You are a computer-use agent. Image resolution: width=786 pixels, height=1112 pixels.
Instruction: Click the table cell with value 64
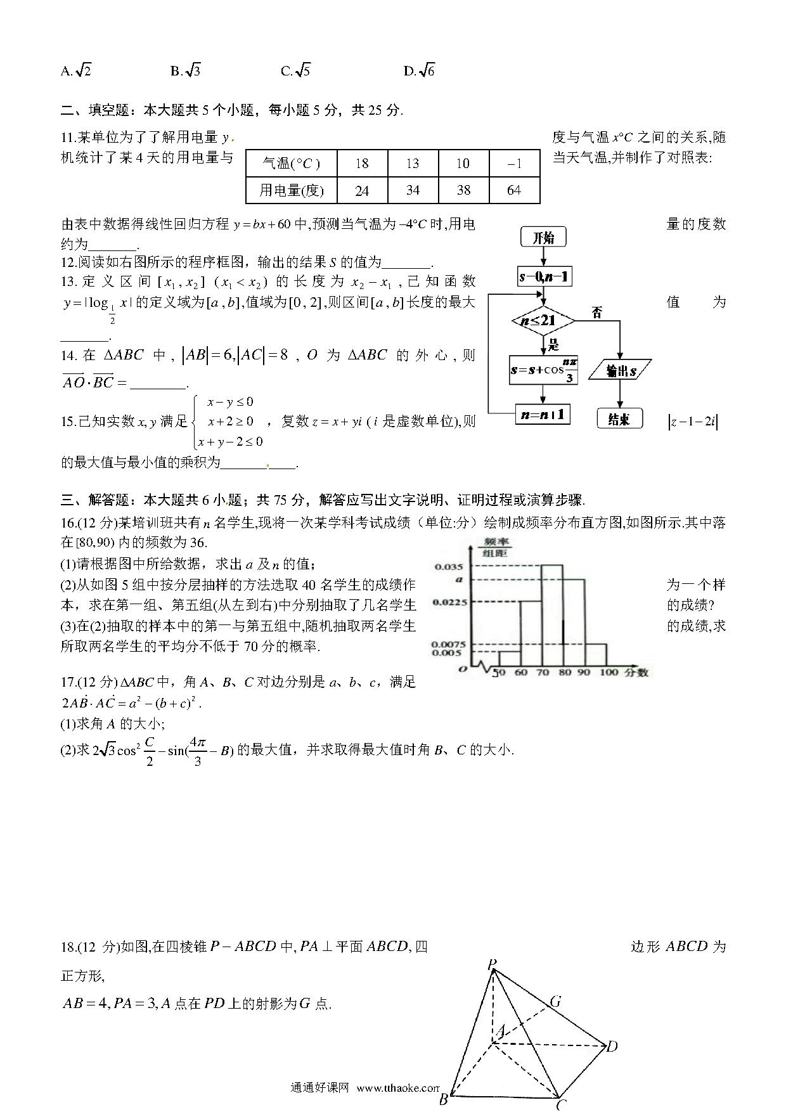pyautogui.click(x=514, y=190)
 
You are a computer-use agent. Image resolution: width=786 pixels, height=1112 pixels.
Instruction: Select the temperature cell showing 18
pyautogui.click(x=362, y=164)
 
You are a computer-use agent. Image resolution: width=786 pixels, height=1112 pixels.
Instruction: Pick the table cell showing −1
pyautogui.click(x=514, y=164)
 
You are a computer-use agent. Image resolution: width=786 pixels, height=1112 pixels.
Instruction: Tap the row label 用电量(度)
pyautogui.click(x=291, y=190)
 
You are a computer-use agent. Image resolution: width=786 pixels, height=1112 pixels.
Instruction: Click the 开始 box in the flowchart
pyautogui.click(x=543, y=238)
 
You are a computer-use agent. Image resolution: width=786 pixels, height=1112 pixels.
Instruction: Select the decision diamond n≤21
pyautogui.click(x=543, y=321)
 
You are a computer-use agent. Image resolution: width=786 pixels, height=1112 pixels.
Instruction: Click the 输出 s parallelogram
pyautogui.click(x=620, y=370)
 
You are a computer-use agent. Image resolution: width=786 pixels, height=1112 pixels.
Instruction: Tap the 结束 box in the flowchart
pyautogui.click(x=619, y=419)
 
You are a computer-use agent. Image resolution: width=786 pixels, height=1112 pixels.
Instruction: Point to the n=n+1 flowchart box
pyautogui.click(x=543, y=415)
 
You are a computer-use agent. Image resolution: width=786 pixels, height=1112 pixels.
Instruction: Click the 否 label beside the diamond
pyautogui.click(x=596, y=312)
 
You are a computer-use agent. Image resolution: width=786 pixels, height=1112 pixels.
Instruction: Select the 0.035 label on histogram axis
pyautogui.click(x=449, y=566)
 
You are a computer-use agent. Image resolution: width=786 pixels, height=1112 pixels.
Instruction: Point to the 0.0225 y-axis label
pyautogui.click(x=449, y=602)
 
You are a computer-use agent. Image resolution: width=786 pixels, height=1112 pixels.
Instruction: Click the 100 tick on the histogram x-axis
pyautogui.click(x=608, y=673)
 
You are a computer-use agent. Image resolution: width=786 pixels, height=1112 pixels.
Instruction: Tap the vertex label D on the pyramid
pyautogui.click(x=612, y=1047)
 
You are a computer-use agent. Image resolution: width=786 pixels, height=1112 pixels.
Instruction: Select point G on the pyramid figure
pyautogui.click(x=555, y=1002)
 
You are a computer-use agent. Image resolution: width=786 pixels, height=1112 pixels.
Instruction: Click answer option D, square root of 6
pyautogui.click(x=420, y=70)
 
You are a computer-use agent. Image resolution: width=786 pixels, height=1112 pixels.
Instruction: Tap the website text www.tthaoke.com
pyautogui.click(x=398, y=1088)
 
